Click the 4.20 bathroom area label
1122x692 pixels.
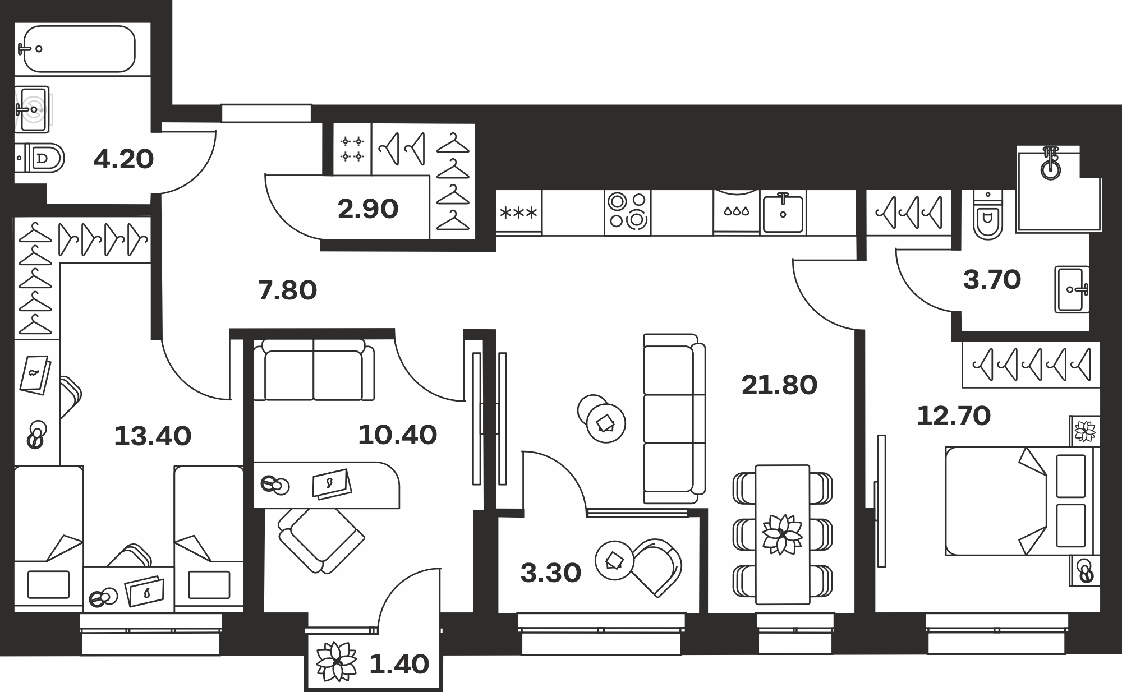tap(123, 159)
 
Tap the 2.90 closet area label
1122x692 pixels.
tap(368, 209)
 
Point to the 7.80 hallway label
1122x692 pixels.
tap(287, 290)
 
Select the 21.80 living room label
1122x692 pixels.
tap(779, 385)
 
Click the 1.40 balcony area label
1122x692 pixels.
tap(399, 665)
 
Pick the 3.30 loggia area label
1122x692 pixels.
tap(551, 573)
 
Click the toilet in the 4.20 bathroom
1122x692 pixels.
tap(39, 158)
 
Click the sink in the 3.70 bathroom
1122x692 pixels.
tap(1072, 289)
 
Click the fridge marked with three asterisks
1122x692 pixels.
tap(518, 212)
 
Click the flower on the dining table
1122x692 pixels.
tap(782, 534)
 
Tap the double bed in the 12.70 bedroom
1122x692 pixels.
tap(1022, 501)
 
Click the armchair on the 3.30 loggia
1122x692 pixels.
tap(657, 568)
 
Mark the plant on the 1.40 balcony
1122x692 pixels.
tap(337, 662)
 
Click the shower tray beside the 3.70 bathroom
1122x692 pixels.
tap(1059, 188)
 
